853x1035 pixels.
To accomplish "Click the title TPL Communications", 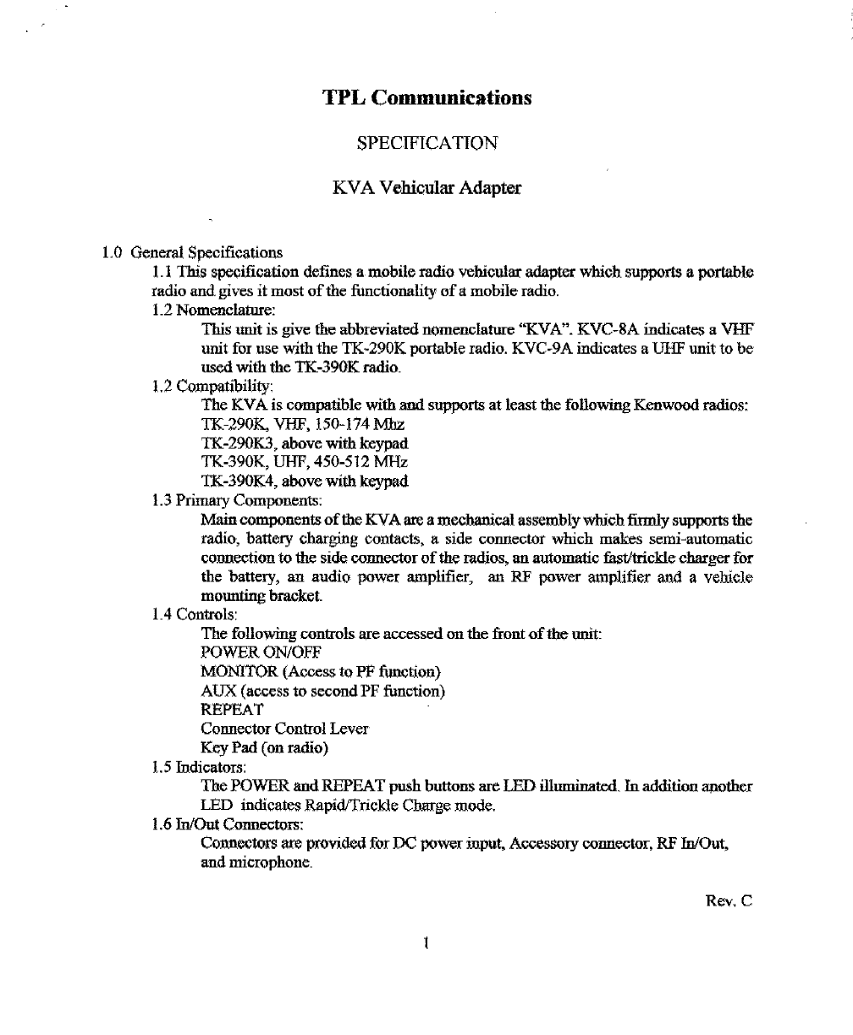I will pos(427,98).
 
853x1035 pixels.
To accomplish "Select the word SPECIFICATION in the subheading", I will pos(426,143).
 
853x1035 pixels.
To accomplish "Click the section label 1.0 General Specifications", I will pos(192,252).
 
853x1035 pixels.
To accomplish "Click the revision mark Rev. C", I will pos(729,902).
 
